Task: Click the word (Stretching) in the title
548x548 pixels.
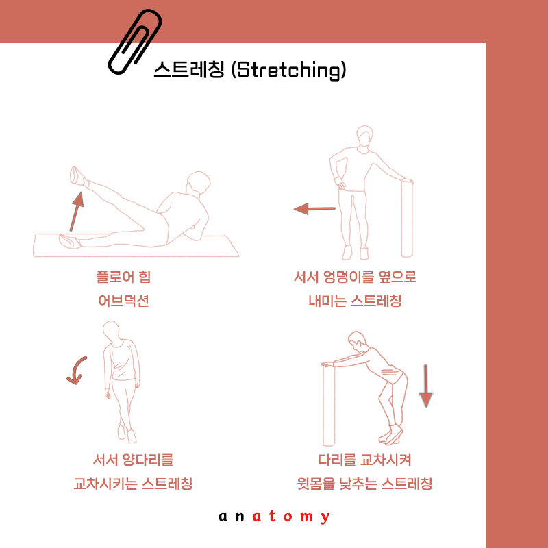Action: tap(288, 70)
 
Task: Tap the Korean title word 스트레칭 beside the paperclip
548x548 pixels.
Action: tap(189, 69)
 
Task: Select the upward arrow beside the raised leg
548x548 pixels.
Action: tap(77, 211)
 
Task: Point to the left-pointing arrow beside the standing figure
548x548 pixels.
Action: tap(314, 209)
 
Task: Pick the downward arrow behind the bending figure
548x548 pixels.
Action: tap(425, 386)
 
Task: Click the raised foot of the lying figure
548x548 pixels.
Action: tap(77, 176)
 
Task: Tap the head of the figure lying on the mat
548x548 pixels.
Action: tap(198, 182)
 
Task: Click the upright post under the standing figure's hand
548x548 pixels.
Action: tap(407, 218)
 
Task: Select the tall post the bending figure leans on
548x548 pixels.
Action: tap(329, 405)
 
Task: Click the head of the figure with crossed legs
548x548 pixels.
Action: tap(111, 332)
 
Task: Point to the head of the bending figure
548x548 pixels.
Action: tap(358, 340)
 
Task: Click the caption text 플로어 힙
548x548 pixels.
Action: tap(123, 277)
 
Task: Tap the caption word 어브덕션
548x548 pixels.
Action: tap(124, 301)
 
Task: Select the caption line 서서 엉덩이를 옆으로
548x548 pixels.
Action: tap(355, 277)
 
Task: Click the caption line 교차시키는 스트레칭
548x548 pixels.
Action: tap(133, 484)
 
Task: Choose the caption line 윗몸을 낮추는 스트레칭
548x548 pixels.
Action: tap(364, 484)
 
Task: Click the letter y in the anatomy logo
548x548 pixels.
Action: tap(325, 517)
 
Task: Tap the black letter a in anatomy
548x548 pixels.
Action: tap(223, 516)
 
